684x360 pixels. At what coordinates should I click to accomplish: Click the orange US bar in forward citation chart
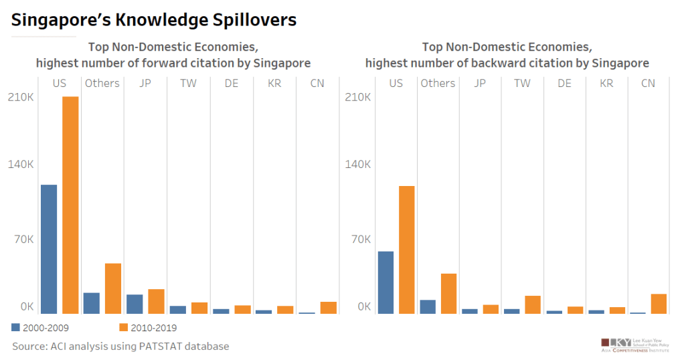click(70, 205)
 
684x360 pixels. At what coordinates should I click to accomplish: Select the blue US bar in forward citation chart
click(49, 249)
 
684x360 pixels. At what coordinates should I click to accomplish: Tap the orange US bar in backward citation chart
click(407, 250)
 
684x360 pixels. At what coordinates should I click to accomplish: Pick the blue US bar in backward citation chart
click(386, 282)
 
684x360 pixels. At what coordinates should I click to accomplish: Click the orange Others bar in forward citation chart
click(113, 288)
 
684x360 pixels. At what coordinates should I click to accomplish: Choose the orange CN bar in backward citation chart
click(659, 304)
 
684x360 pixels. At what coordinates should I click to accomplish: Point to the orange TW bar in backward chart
click(533, 304)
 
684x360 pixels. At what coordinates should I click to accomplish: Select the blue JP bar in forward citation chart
click(135, 304)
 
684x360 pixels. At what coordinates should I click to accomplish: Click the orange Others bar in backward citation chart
click(448, 294)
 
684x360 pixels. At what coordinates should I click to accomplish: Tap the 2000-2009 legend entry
click(40, 328)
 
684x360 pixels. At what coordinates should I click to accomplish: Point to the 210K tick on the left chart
click(21, 97)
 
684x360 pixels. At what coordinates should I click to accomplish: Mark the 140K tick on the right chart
click(357, 165)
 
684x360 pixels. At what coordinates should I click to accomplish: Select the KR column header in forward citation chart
click(274, 83)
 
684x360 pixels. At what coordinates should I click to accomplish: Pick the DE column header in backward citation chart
click(564, 83)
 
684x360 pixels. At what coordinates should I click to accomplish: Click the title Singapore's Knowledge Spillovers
click(154, 20)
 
